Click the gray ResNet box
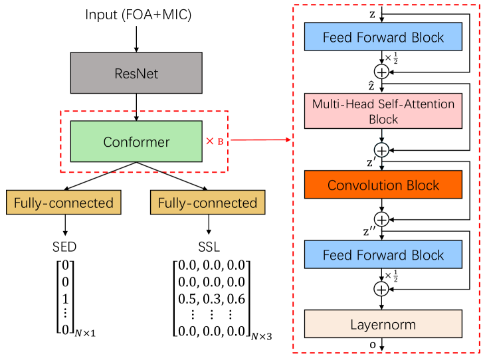pyautogui.click(x=136, y=73)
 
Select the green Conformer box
pyautogui.click(x=136, y=141)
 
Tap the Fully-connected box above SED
pyautogui.click(x=64, y=203)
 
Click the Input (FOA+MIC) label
pyautogui.click(x=138, y=14)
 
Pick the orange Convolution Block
pyautogui.click(x=383, y=185)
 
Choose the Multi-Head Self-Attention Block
pyautogui.click(x=383, y=111)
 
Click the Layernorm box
pyautogui.click(x=383, y=325)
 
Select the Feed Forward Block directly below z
pyautogui.click(x=383, y=37)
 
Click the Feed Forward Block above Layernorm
pyautogui.click(x=383, y=255)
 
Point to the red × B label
pyautogui.click(x=214, y=141)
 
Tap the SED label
pyautogui.click(x=65, y=246)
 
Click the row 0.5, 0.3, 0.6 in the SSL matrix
pyautogui.click(x=211, y=299)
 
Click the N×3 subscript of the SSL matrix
pyautogui.click(x=261, y=337)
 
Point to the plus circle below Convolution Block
pyautogui.click(x=382, y=218)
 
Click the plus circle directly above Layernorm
pyautogui.click(x=382, y=289)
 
